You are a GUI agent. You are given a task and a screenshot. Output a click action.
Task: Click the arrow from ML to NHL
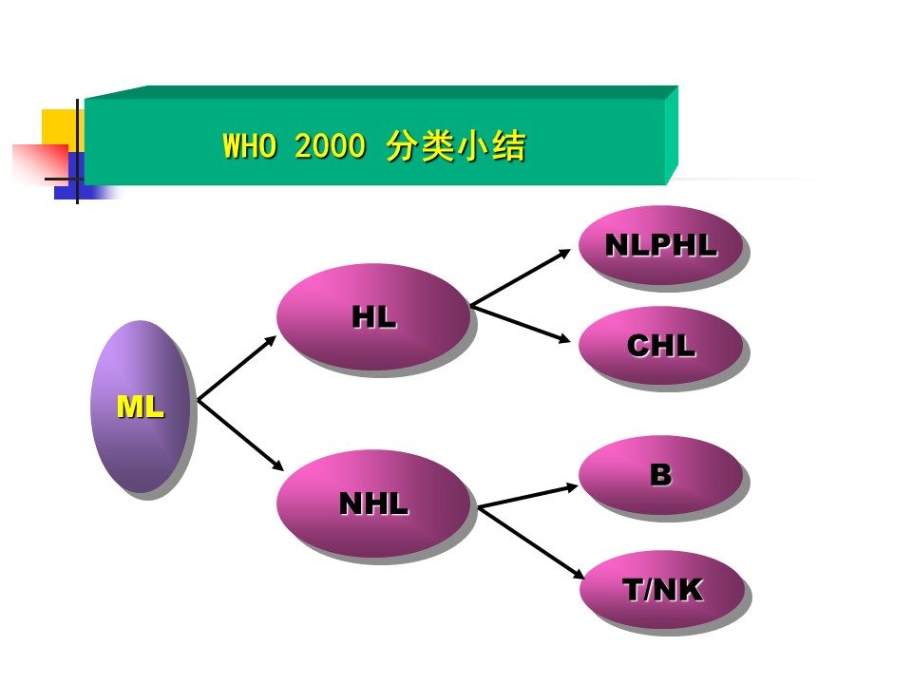click(240, 436)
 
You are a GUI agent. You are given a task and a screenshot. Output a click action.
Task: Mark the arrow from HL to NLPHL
click(525, 278)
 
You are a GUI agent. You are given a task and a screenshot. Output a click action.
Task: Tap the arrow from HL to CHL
click(525, 323)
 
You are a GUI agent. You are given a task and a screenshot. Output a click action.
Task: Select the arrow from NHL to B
click(527, 496)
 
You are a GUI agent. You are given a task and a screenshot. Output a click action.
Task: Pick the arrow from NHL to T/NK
click(530, 541)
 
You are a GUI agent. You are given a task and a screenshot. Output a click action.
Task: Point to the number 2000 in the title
click(330, 147)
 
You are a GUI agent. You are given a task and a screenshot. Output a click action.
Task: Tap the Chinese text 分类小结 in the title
click(456, 147)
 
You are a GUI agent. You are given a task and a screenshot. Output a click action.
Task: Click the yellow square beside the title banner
click(59, 128)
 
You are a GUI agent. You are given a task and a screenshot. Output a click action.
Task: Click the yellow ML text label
click(140, 408)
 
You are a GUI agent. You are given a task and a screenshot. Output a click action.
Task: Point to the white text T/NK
click(662, 590)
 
